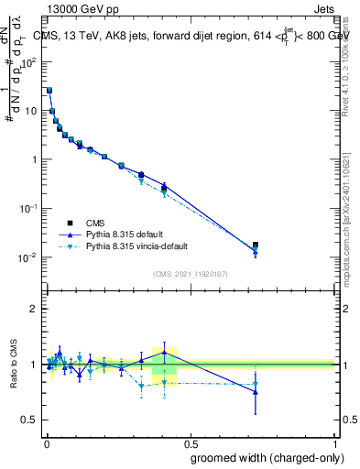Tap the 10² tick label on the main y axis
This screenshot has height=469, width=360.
tap(29, 62)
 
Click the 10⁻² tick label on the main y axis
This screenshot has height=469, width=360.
tap(28, 256)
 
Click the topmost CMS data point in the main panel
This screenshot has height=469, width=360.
tap(49, 91)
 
